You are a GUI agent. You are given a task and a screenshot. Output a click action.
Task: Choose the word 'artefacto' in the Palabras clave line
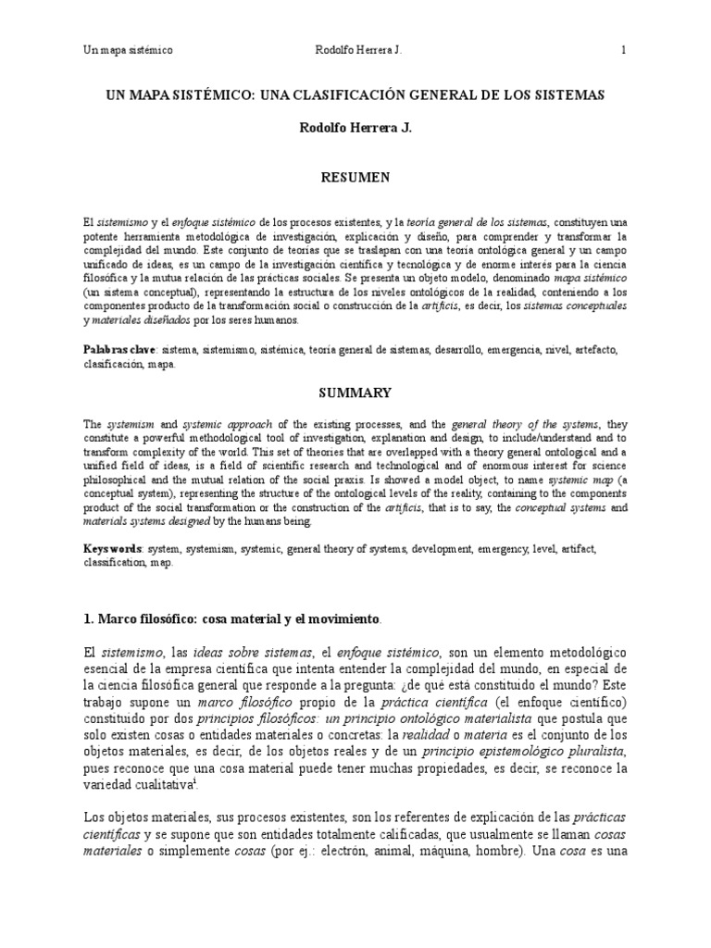pos(577,351)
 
